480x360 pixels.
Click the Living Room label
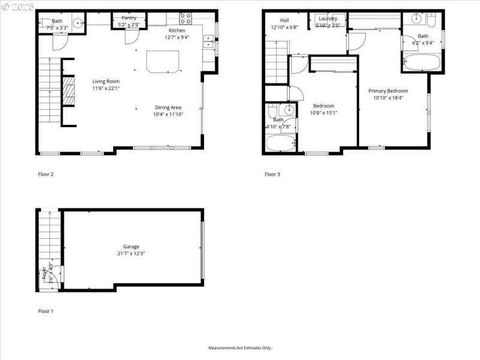point(106,81)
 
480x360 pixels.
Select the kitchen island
point(163,61)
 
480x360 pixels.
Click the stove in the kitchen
point(185,19)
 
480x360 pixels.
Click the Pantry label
point(129,18)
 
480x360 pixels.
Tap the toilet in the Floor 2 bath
point(45,24)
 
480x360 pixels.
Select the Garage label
point(131,247)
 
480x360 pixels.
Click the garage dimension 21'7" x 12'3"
point(131,254)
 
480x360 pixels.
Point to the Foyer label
point(44,274)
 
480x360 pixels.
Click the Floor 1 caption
point(46,311)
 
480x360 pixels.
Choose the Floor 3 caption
point(272,175)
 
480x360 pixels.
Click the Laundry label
point(328,19)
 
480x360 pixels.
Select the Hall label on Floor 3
point(284,20)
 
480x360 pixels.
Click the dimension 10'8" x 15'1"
point(324,113)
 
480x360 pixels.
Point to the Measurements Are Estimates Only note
point(240,348)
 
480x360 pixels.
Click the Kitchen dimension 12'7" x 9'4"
point(176,37)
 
